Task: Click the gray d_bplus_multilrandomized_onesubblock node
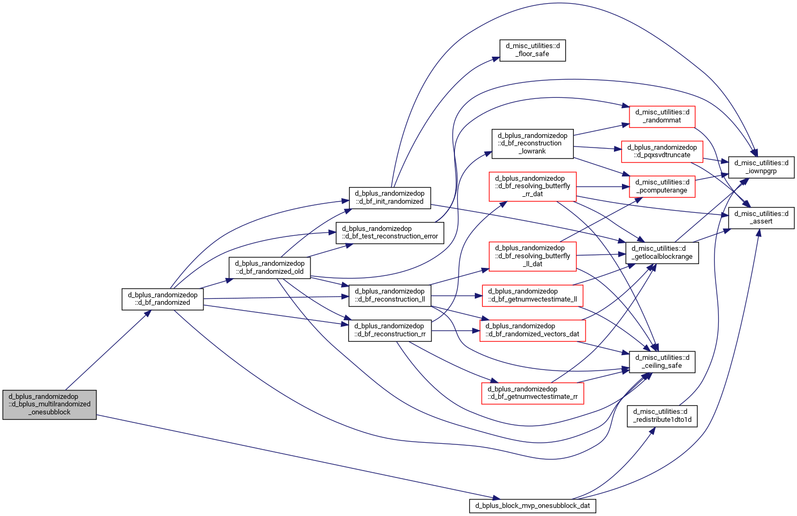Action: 49,404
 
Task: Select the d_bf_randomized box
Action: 163,299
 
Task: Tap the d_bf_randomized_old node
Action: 269,267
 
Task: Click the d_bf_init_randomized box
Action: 390,198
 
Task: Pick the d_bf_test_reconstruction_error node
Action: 390,233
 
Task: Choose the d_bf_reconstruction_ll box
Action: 390,296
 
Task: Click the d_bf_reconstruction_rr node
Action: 390,330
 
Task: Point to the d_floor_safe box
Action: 532,50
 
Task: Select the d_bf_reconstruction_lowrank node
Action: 533,143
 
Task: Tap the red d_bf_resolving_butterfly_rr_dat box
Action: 533,187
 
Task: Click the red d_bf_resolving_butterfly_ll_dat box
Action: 533,257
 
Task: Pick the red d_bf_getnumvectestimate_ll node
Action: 533,296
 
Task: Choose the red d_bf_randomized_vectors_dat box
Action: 533,330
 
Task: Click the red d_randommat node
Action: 662,117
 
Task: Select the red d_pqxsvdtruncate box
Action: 662,152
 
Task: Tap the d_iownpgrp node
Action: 762,167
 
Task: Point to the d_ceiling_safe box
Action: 662,362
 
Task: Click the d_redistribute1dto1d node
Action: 662,416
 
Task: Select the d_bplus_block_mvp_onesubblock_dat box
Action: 533,506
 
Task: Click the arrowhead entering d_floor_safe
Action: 496,59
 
